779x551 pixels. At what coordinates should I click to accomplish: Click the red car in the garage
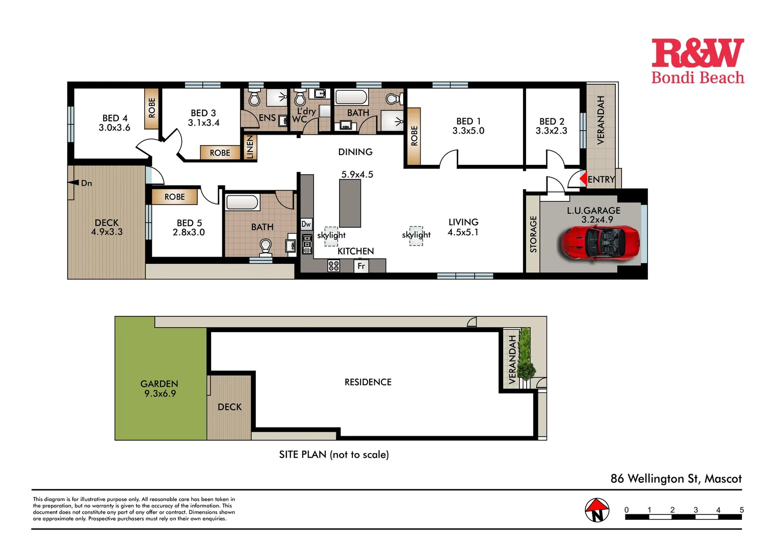pyautogui.click(x=600, y=243)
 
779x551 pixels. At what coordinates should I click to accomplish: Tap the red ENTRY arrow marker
pyautogui.click(x=583, y=179)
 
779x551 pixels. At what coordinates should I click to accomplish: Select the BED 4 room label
pyautogui.click(x=115, y=118)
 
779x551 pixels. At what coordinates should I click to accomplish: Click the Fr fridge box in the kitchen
pyautogui.click(x=361, y=266)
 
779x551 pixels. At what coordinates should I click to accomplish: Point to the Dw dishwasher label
pyautogui.click(x=306, y=224)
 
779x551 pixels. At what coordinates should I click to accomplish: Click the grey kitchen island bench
pyautogui.click(x=350, y=203)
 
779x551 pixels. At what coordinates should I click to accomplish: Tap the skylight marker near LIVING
pyautogui.click(x=416, y=235)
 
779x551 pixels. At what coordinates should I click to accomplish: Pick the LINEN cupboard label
pyautogui.click(x=250, y=147)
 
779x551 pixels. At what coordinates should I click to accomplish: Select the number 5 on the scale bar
pyautogui.click(x=741, y=510)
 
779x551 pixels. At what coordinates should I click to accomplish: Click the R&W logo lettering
pyautogui.click(x=697, y=53)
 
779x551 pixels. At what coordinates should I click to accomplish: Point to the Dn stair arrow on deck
pyautogui.click(x=74, y=183)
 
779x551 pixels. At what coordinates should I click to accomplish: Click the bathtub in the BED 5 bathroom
pyautogui.click(x=242, y=202)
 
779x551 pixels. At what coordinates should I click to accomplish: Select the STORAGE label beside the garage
pyautogui.click(x=533, y=234)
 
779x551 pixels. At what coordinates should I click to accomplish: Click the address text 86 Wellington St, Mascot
pyautogui.click(x=676, y=479)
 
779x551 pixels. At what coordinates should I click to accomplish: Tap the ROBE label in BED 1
pyautogui.click(x=414, y=136)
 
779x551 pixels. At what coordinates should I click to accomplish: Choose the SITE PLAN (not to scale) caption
pyautogui.click(x=333, y=455)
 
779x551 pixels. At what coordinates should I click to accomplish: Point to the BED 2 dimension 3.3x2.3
pyautogui.click(x=551, y=131)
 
